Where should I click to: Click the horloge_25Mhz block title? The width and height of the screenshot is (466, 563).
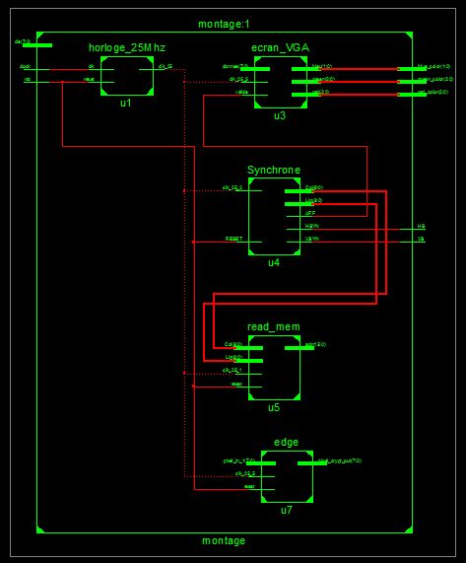tap(124, 48)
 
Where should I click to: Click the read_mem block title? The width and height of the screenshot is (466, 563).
tap(273, 326)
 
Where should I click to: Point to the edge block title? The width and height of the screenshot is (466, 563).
tap(286, 443)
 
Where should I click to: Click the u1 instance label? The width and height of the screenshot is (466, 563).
tap(125, 103)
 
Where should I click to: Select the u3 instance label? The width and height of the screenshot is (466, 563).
tap(280, 115)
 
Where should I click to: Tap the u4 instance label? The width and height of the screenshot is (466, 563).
tap(274, 263)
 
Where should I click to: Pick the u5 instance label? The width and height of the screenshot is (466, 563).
tap(274, 406)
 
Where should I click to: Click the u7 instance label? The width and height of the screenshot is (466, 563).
tap(287, 510)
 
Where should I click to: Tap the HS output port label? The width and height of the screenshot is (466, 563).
tap(421, 227)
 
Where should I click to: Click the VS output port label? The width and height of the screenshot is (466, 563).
tap(421, 240)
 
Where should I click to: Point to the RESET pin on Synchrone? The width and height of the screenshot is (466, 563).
tap(233, 239)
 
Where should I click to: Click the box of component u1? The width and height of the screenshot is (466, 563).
tap(125, 76)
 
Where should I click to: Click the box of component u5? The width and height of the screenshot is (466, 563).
tap(273, 367)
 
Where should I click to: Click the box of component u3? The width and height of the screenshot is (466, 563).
tap(279, 83)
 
